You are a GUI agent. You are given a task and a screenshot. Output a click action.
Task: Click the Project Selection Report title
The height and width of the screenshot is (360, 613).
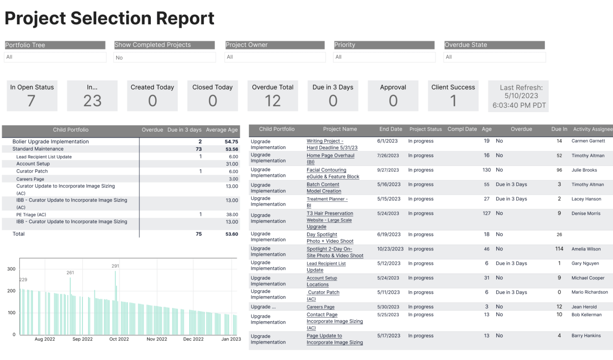point(109,18)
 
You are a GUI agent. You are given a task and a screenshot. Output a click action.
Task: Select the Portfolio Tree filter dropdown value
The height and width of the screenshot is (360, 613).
point(55,57)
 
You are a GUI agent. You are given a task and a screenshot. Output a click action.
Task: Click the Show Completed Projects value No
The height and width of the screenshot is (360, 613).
point(119,58)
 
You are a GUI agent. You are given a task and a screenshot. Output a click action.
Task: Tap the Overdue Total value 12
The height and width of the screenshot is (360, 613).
point(273,101)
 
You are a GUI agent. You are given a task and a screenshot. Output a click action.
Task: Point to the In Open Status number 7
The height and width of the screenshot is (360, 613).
point(32,101)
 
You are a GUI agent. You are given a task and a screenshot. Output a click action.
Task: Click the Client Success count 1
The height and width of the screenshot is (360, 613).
point(453,101)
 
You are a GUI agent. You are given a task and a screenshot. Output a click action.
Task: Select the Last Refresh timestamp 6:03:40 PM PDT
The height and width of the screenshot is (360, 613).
point(519,105)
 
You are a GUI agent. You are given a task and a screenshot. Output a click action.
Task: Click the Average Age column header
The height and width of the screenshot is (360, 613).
point(221,130)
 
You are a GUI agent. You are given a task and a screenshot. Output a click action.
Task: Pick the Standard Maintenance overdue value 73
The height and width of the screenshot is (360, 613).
point(198,149)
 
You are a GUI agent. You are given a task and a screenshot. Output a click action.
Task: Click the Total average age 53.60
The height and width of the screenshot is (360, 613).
point(231,234)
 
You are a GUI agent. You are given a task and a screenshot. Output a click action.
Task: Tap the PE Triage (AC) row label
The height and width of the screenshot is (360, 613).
point(31,215)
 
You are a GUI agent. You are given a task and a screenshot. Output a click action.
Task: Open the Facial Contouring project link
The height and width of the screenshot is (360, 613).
point(326,170)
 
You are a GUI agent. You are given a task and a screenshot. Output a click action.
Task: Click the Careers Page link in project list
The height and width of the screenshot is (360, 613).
point(320,307)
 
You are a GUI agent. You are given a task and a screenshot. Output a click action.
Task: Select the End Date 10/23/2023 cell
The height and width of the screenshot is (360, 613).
point(390,249)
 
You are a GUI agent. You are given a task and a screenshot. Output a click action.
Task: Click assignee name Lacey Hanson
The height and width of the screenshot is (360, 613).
point(586,199)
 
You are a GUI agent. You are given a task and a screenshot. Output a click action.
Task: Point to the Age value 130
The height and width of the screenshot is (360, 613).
point(486,170)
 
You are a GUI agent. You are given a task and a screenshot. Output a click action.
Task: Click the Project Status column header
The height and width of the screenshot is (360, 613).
point(425,129)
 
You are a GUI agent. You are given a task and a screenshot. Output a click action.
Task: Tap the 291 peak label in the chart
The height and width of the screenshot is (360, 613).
point(115,266)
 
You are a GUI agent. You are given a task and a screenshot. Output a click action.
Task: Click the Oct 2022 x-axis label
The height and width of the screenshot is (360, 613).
point(119,339)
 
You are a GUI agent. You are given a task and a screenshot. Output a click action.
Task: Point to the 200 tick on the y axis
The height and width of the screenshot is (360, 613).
point(11,291)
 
